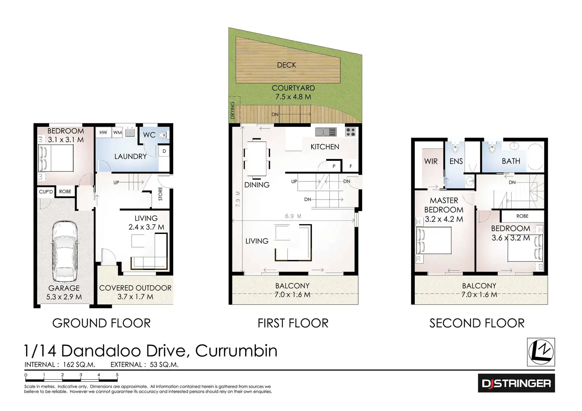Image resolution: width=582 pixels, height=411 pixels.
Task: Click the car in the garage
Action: coord(64,251)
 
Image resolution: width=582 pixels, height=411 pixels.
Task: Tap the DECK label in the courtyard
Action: coord(286,65)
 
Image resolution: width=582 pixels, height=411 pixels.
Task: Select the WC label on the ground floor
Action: coord(149,135)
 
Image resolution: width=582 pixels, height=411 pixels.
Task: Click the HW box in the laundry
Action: coord(103,132)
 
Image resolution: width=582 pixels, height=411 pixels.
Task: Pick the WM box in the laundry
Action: coord(117,132)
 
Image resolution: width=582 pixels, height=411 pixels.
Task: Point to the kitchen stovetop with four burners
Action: coord(350,132)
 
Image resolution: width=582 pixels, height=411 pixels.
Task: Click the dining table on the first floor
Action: coord(257,158)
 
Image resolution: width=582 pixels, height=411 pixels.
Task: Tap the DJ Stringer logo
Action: coord(516,383)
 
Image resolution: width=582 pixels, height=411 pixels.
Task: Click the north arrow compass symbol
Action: coord(541,352)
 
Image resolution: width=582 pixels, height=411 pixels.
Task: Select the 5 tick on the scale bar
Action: coord(117,375)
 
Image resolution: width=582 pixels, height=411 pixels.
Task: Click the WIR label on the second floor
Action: coord(431,161)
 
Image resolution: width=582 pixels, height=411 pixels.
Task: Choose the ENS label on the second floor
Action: coord(456,161)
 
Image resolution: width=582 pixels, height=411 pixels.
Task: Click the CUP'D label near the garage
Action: coord(46,192)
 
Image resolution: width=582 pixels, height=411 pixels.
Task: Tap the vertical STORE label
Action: coord(161,194)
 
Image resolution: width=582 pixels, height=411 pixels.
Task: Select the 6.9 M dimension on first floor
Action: coord(293,216)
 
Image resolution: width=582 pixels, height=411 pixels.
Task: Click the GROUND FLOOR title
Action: coord(101,323)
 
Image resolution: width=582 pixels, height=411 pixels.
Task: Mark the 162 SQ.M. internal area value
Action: coord(79,365)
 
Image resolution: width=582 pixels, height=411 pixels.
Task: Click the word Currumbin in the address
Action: coord(236,351)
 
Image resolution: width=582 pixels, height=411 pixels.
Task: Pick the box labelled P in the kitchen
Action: coord(334,166)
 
